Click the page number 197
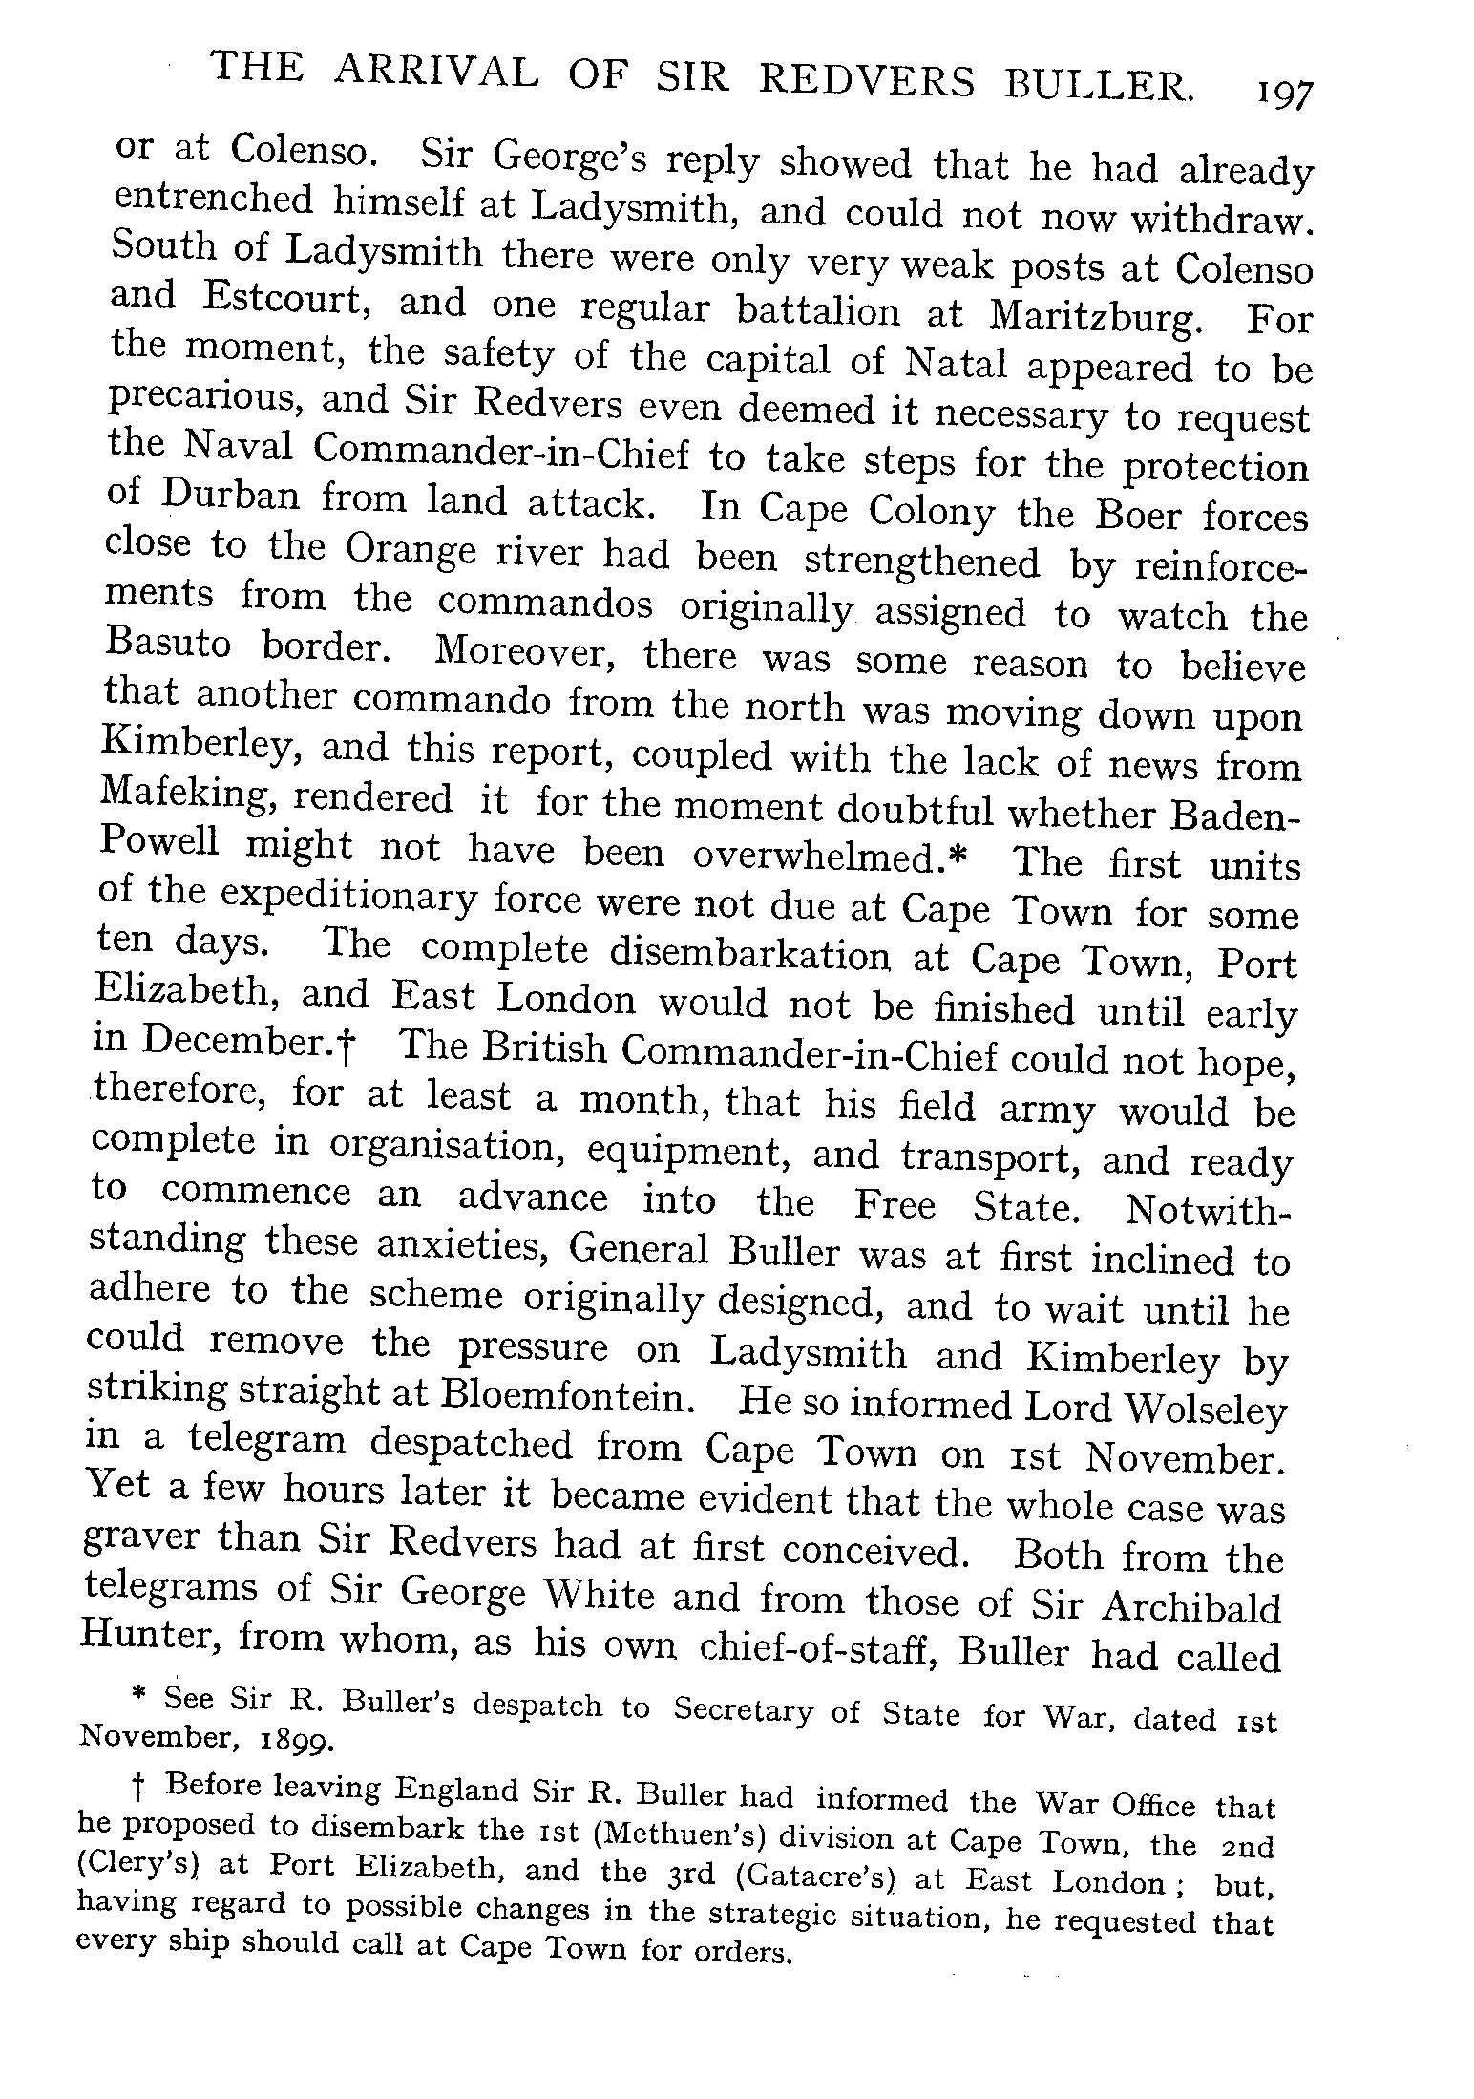[x=1285, y=95]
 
